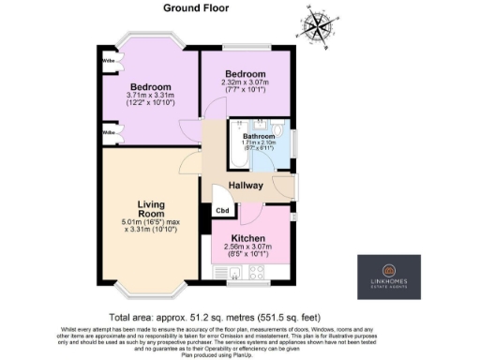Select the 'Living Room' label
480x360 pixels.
click(151, 209)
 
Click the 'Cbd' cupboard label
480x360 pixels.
click(222, 210)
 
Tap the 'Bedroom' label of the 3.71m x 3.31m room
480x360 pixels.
click(149, 87)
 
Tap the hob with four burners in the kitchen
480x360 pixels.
click(256, 273)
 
